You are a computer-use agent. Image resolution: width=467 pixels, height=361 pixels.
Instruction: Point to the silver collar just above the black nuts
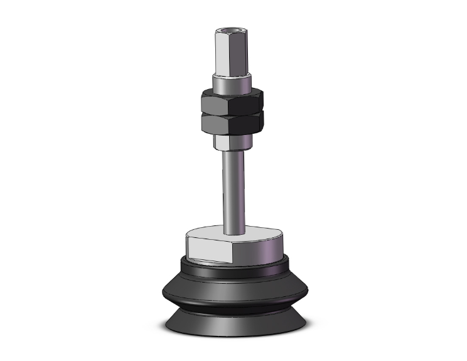coord(233,83)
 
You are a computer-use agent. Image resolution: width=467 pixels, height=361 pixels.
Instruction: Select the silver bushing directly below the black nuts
coord(233,141)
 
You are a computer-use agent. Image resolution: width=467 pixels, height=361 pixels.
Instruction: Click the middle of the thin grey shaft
coord(233,188)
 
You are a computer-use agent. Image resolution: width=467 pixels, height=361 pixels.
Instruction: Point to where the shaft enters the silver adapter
coord(233,228)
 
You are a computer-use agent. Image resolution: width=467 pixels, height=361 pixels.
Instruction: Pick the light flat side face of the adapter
coord(209,249)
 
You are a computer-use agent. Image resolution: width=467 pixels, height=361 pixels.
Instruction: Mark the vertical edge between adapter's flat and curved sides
coord(233,251)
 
